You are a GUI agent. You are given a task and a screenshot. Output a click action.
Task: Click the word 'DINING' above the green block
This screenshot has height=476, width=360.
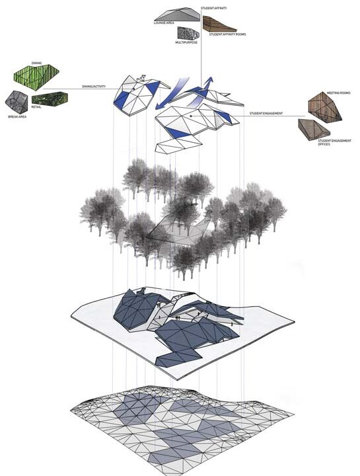coord(36,63)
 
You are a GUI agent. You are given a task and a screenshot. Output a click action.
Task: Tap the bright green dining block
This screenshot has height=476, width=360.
coord(37,77)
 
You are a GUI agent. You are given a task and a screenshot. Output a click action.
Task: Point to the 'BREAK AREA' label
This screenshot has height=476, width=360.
coord(17,117)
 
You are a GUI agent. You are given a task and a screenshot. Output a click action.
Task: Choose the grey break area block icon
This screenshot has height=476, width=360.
coord(17,101)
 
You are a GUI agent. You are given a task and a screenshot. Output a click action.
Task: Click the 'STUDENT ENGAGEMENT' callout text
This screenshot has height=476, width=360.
coord(266,114)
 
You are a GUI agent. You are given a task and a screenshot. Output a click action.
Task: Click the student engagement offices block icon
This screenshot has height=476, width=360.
coord(314,129)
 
